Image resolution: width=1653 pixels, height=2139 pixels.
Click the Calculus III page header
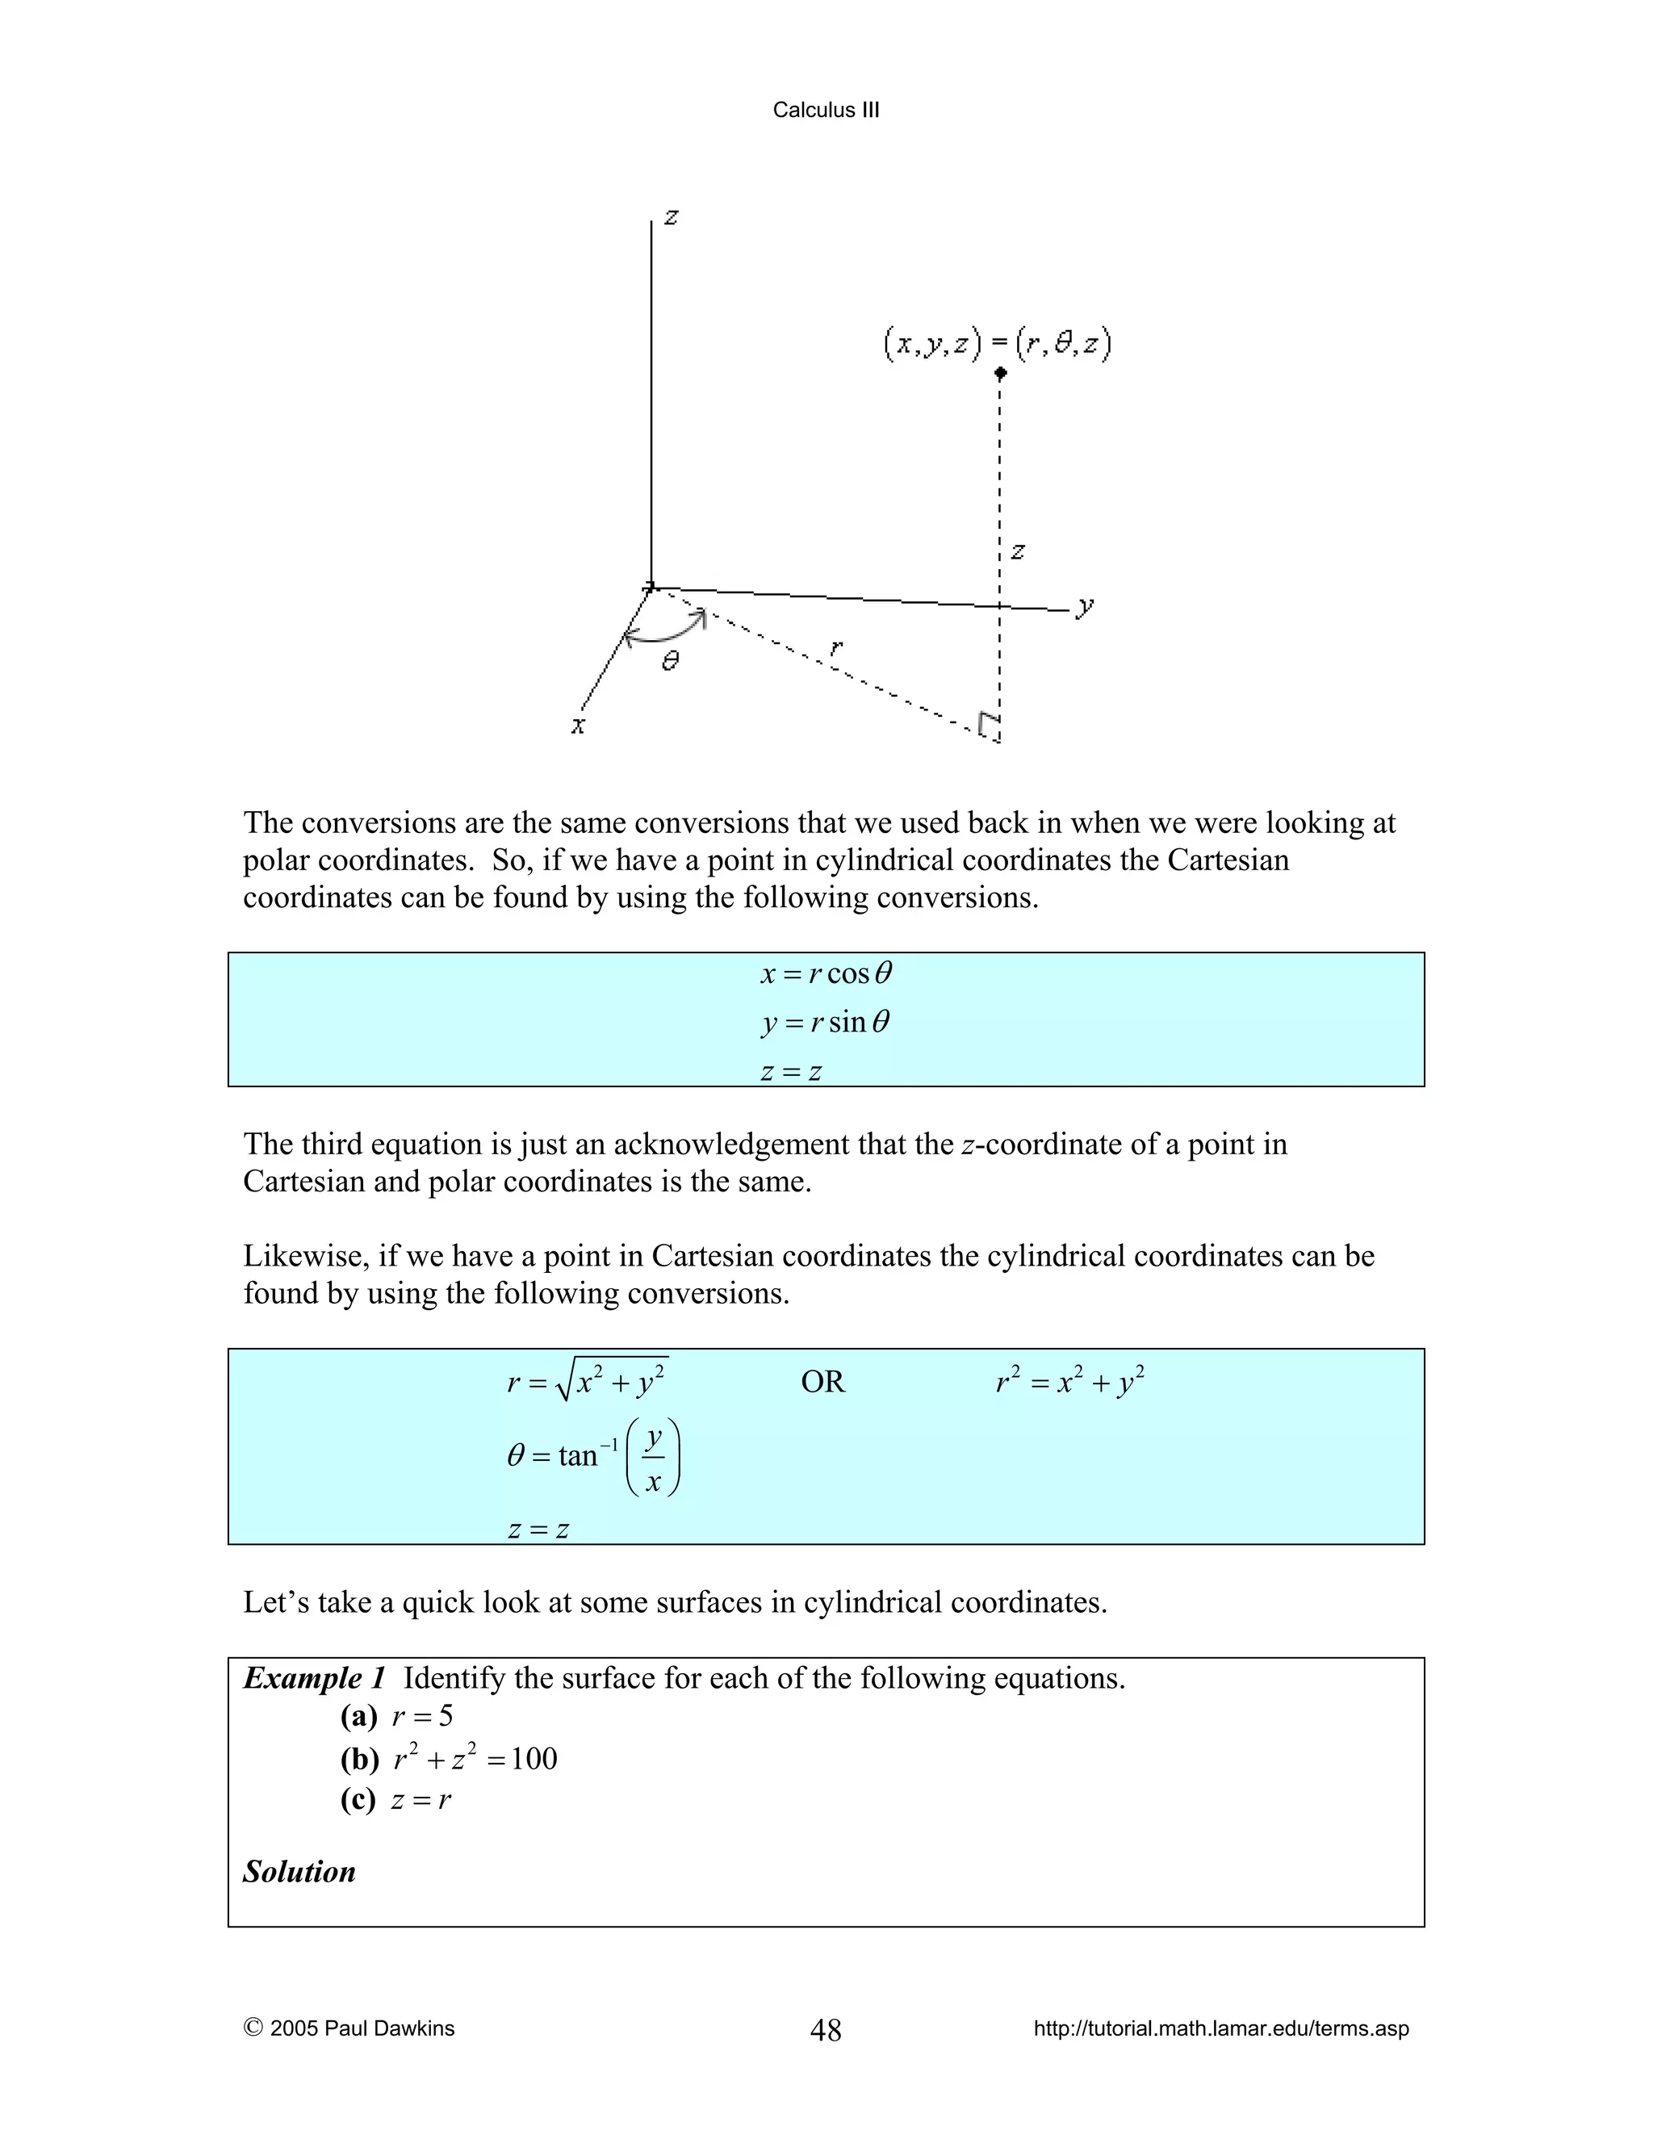pyautogui.click(x=826, y=110)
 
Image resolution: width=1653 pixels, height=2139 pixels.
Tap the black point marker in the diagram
pyautogui.click(x=1000, y=373)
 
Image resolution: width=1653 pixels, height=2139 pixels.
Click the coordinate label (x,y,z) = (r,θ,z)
pyautogui.click(x=997, y=344)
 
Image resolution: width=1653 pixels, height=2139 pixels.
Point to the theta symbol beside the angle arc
pyautogui.click(x=670, y=662)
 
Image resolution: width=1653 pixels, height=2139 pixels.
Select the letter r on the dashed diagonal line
pyautogui.click(x=835, y=647)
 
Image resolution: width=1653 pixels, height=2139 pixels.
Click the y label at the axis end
pyautogui.click(x=1084, y=606)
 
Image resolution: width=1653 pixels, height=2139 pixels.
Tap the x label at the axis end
pyautogui.click(x=578, y=726)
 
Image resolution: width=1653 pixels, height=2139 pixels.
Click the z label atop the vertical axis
pyautogui.click(x=671, y=216)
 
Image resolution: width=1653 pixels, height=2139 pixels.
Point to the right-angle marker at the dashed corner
pyautogui.click(x=989, y=725)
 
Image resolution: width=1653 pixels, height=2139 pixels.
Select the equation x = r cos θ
pyautogui.click(x=826, y=973)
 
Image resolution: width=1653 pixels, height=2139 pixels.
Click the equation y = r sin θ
pyautogui.click(x=826, y=1023)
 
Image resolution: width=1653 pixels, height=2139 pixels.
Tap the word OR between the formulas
pyautogui.click(x=822, y=1382)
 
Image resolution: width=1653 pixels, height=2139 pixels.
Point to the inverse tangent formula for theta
pyautogui.click(x=593, y=1455)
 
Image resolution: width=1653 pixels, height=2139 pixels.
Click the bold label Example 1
pyautogui.click(x=314, y=1679)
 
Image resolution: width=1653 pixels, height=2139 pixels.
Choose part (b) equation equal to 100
pyautogui.click(x=475, y=1759)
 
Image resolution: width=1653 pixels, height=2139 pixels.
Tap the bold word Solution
pyautogui.click(x=299, y=1872)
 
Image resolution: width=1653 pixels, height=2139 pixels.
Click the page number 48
pyautogui.click(x=826, y=2029)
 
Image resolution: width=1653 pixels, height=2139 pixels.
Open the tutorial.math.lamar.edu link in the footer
pyautogui.click(x=1220, y=2028)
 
